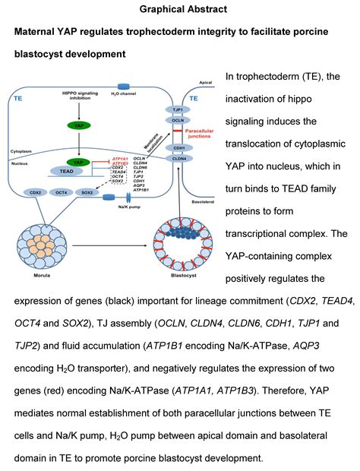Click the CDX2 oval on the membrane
pyautogui.click(x=35, y=192)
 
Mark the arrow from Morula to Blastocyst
pyautogui.click(x=106, y=227)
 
